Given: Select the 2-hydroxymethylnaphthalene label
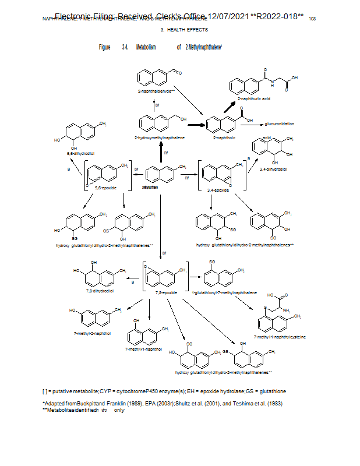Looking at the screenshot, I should tap(160, 137).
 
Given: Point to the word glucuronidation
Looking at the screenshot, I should tap(279, 124).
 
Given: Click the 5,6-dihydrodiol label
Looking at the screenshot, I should tap(78, 153).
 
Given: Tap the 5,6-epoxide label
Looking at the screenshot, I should tap(105, 188).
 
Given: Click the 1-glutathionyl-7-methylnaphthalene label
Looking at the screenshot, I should tap(224, 292).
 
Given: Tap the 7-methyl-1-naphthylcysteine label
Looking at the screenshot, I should tap(280, 337).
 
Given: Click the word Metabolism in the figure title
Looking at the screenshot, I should tap(146, 47).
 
